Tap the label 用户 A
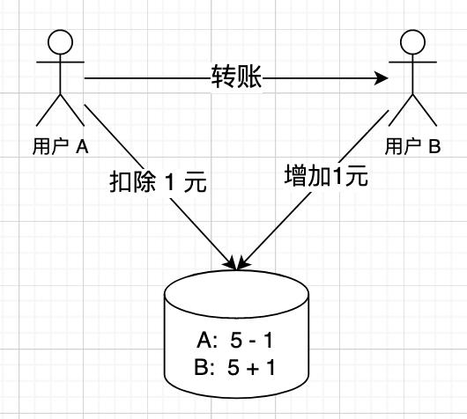(61, 146)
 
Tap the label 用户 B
(412, 146)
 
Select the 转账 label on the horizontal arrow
(237, 77)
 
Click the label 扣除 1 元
(158, 182)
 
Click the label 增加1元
(326, 175)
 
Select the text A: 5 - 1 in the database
(234, 340)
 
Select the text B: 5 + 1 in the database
(234, 367)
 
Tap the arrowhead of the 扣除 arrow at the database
(231, 264)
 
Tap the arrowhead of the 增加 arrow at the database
(243, 264)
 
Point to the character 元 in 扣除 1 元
(196, 182)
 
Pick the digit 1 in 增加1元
(337, 176)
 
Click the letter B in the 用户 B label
(434, 146)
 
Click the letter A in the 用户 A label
(82, 146)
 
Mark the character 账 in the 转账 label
(249, 77)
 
